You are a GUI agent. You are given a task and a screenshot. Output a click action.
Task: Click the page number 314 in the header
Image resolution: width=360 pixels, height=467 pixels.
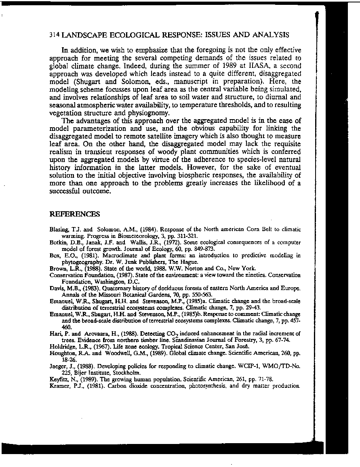[55, 35]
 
